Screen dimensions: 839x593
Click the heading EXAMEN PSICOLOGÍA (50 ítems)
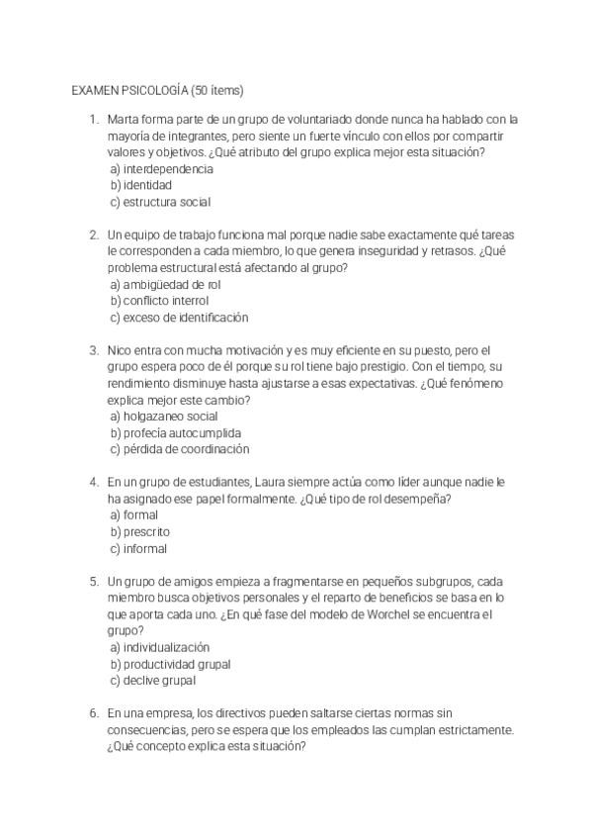(157, 89)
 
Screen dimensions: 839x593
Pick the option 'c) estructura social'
(160, 202)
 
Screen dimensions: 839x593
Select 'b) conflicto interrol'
(159, 301)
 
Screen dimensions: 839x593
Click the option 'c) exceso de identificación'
(179, 318)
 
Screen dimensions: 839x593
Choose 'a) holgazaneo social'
(164, 417)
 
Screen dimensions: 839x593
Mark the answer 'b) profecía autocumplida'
(176, 433)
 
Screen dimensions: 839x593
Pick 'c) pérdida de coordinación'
(180, 449)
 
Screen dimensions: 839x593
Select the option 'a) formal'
(134, 515)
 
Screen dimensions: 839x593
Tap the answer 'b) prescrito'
(139, 532)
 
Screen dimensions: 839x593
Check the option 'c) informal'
(138, 549)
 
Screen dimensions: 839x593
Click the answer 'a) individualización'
(160, 647)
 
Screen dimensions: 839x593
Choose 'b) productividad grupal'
(170, 664)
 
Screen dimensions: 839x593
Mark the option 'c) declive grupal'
(152, 681)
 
